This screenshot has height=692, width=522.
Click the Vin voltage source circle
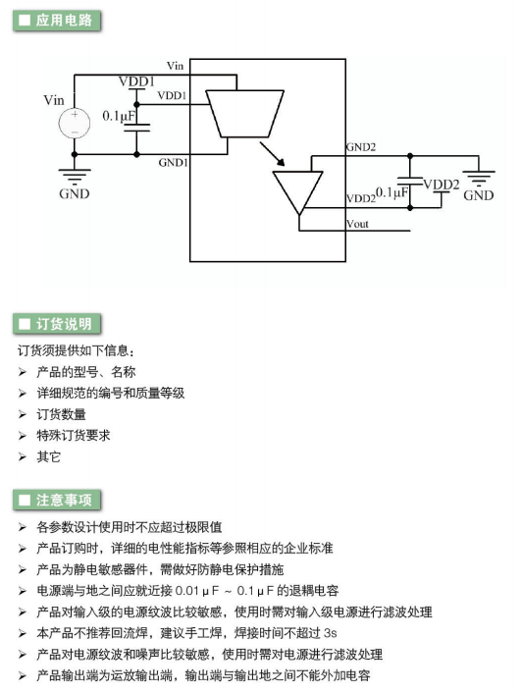coord(75,123)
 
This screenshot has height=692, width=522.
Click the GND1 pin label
coord(174,163)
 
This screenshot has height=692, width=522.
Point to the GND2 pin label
coord(361,147)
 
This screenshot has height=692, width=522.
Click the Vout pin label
coord(357,224)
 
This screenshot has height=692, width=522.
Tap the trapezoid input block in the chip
coord(245,114)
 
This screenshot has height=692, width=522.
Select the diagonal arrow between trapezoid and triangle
coord(272,153)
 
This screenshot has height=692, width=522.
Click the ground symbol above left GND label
coord(75,177)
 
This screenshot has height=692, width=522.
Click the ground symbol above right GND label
coord(479,179)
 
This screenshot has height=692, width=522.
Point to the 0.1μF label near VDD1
coord(119,116)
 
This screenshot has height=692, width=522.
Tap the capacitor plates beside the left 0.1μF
coord(136,128)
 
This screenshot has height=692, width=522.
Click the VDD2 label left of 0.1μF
coord(360,198)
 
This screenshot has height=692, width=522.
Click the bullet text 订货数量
coord(62,414)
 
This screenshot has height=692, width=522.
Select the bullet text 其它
coord(48,456)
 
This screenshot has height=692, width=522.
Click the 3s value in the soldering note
coord(330,633)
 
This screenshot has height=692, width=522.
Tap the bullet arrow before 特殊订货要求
coord(23,436)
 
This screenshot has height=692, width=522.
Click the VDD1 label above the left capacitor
coord(136,81)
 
